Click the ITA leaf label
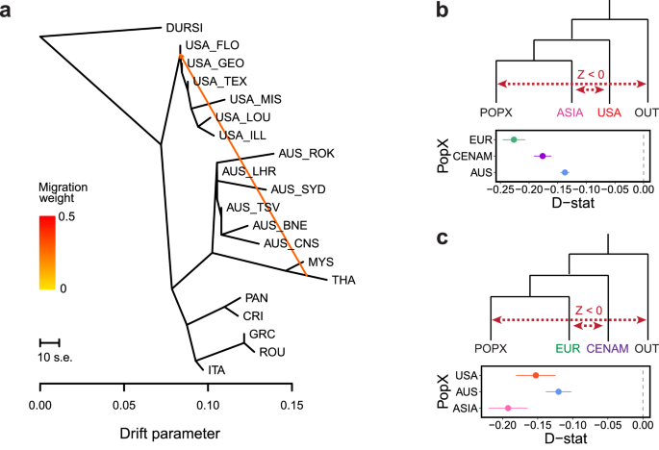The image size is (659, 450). [x=218, y=368]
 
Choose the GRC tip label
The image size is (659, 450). [x=262, y=334]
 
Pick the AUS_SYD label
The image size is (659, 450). [x=299, y=188]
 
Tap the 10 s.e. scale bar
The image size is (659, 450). [x=50, y=341]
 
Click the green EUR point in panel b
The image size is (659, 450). [x=514, y=139]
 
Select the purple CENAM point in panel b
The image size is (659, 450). [x=543, y=156]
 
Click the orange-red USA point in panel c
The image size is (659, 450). [x=536, y=375]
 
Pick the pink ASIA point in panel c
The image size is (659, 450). [x=509, y=408]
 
